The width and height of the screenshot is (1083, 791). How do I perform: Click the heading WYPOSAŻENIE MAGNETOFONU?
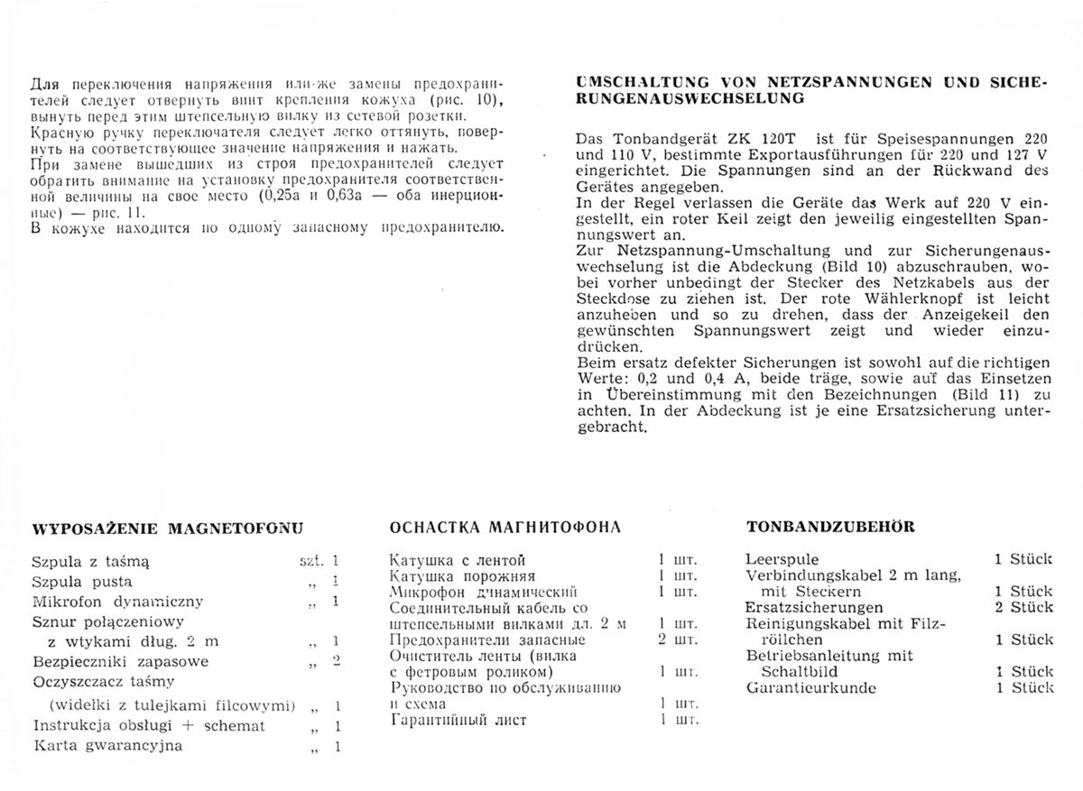167,529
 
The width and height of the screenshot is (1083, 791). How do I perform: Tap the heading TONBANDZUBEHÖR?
819,526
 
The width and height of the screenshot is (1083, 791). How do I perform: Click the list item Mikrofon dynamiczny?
117,602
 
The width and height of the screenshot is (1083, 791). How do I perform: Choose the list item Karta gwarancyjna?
107,746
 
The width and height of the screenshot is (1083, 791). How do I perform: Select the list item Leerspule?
781,559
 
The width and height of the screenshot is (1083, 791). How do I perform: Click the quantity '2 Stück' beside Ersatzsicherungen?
1023,607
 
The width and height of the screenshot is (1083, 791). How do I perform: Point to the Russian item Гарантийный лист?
458,720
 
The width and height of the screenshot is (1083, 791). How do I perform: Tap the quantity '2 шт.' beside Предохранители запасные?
678,640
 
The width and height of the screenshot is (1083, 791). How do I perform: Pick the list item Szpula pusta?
81,581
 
